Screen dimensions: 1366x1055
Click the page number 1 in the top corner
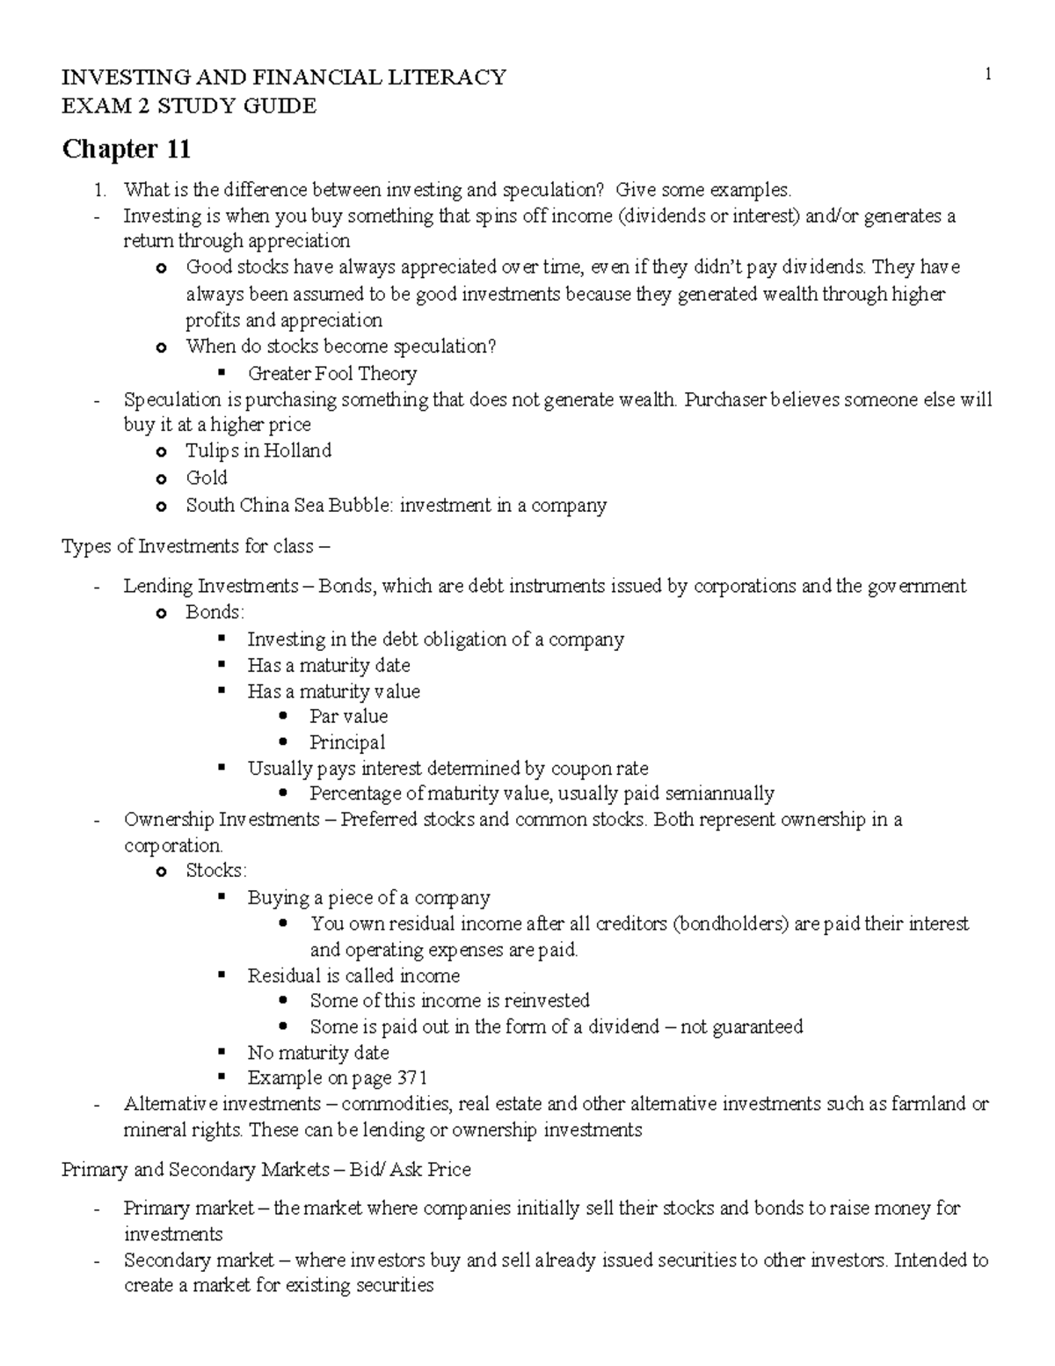988,76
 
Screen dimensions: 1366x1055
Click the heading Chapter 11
126,150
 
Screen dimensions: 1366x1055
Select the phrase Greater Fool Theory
331,374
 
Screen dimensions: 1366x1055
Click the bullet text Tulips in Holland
258,451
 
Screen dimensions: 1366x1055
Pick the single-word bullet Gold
207,478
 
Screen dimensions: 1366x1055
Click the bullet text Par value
348,716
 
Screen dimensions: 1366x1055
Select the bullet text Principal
347,741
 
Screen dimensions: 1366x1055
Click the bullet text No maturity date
317,1052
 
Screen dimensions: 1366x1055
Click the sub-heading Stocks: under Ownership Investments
216,870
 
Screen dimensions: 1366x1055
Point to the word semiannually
719,793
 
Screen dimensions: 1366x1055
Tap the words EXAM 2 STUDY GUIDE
188,106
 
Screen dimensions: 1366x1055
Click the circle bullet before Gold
160,479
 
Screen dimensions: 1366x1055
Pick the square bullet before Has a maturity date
222,664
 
